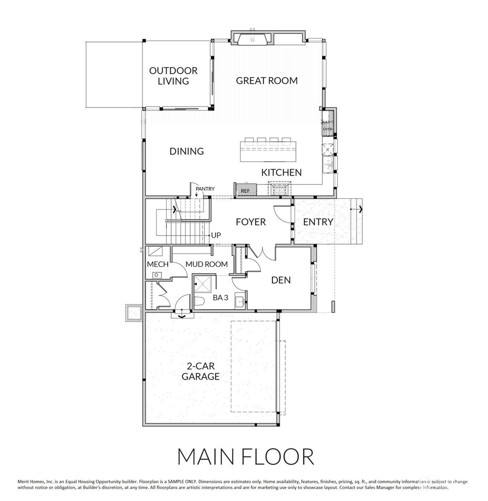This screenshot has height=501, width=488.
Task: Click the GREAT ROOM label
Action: (267, 80)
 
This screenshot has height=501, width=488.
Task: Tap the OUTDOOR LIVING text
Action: (173, 76)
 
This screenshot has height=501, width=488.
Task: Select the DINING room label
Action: (187, 151)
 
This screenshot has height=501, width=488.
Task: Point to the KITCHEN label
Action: (281, 172)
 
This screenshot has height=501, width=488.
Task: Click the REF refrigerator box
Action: (245, 190)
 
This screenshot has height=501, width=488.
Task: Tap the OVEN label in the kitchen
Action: (327, 128)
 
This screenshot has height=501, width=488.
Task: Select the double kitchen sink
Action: (328, 164)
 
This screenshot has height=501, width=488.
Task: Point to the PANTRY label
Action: (205, 189)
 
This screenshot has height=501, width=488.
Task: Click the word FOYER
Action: (251, 222)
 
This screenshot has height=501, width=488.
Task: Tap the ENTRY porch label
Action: (318, 222)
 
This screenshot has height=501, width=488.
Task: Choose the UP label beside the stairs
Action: (216, 235)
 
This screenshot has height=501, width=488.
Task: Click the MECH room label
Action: (155, 264)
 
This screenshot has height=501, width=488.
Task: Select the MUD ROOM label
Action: (206, 264)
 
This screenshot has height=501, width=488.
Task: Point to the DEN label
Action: (281, 280)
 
